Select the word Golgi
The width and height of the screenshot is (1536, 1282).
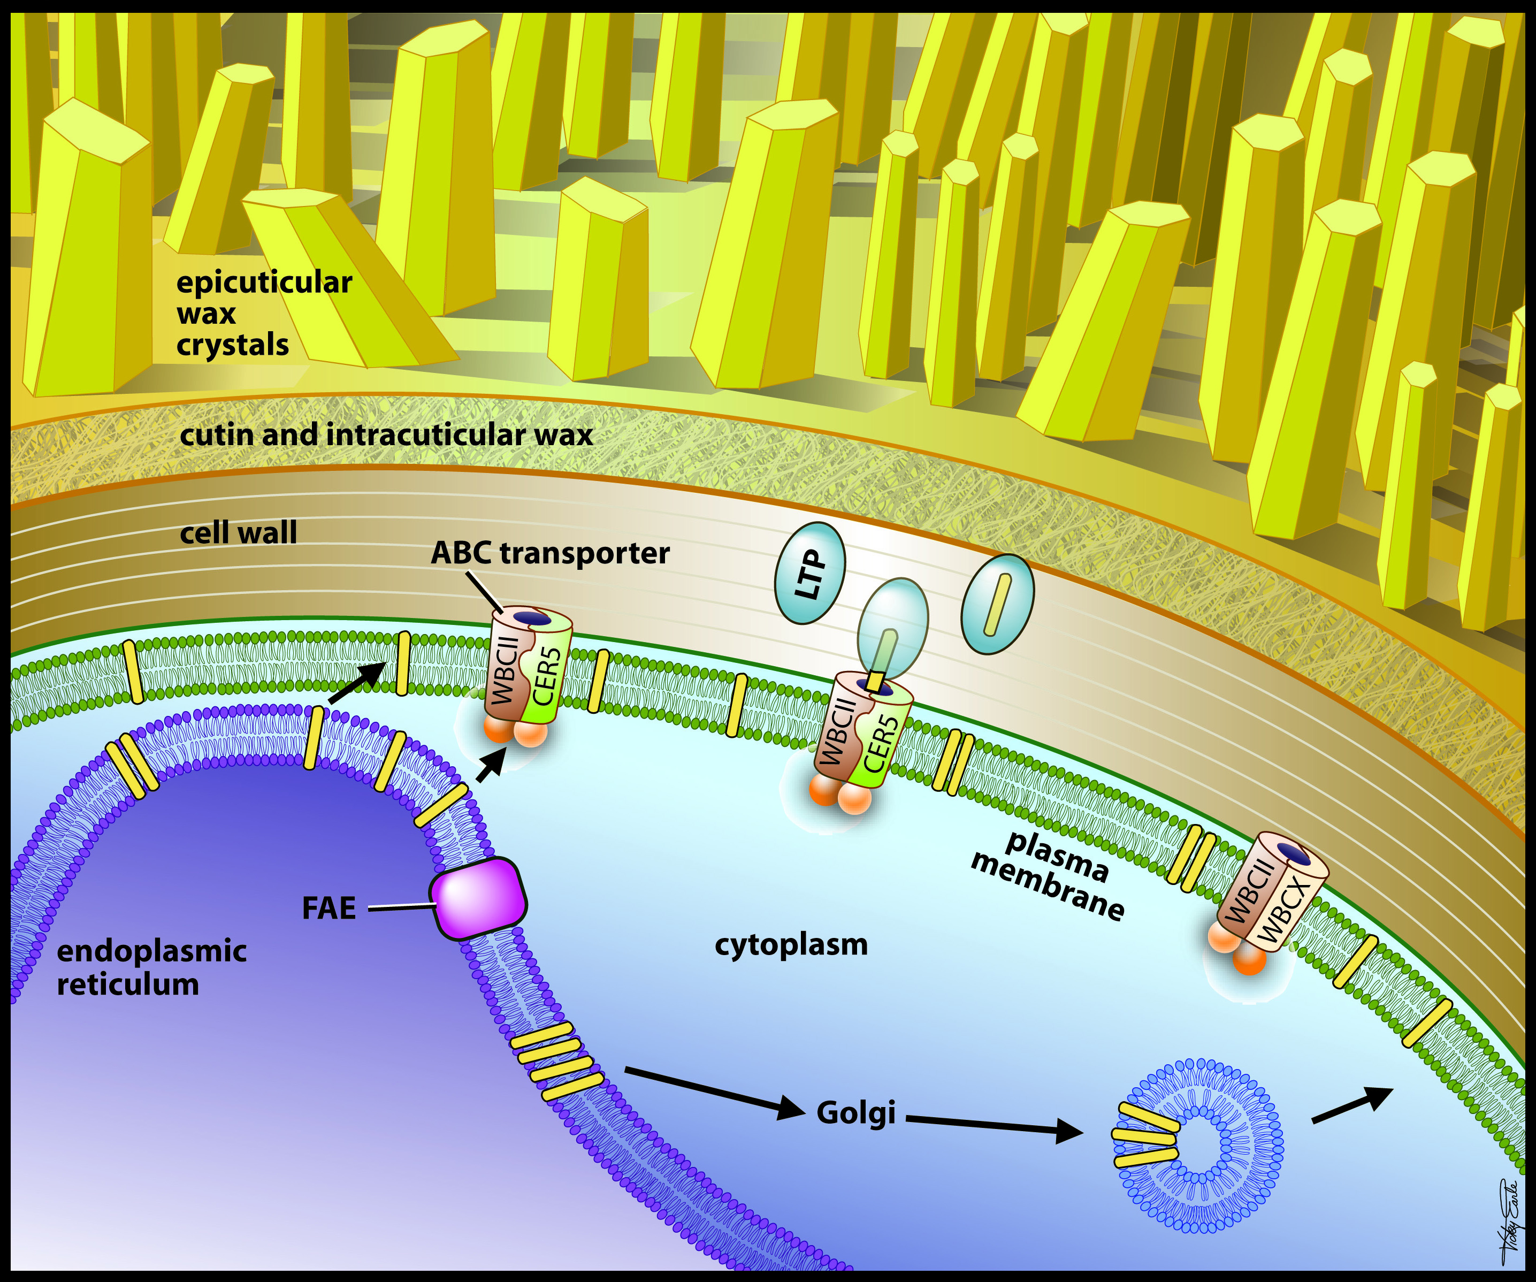point(856,1112)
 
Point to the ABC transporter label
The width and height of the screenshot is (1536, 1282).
point(550,553)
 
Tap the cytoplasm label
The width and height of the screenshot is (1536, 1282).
point(791,944)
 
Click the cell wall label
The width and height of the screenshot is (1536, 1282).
point(239,532)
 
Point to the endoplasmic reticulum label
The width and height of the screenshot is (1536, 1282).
point(151,967)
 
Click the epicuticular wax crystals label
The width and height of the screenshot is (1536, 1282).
point(263,313)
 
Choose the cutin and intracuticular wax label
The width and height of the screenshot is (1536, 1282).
point(386,435)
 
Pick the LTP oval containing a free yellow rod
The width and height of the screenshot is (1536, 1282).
point(997,604)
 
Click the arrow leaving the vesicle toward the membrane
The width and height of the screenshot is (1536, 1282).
point(1351,1104)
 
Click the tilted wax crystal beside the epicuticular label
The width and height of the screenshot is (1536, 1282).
point(344,278)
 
